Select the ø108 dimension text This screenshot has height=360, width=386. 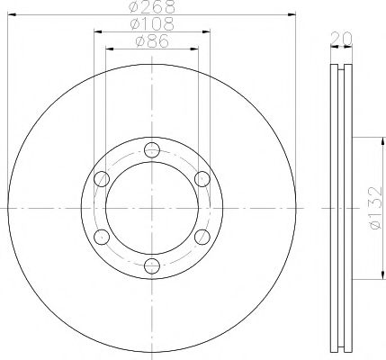pos(150,25)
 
